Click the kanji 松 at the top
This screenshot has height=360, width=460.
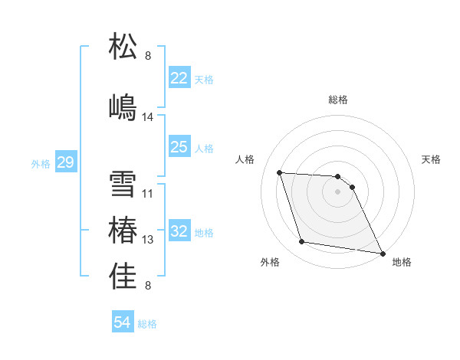[x=123, y=46]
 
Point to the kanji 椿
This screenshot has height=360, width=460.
[x=123, y=231]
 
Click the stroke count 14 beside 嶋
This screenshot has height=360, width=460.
[x=148, y=117]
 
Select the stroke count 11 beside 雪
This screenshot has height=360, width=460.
[x=148, y=194]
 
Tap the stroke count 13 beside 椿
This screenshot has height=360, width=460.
[x=148, y=240]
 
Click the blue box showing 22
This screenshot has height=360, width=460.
[x=179, y=78]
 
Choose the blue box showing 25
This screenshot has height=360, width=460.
[x=179, y=147]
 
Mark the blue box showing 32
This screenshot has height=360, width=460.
[x=179, y=232]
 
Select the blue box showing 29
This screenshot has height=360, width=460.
[x=65, y=162]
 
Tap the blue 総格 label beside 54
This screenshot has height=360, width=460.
[x=147, y=324]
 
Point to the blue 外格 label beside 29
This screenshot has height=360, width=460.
[x=41, y=163]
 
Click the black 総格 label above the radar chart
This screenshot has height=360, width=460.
[x=338, y=100]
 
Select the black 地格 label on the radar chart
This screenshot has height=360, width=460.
[x=402, y=262]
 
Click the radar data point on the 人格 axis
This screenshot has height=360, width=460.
[x=280, y=172]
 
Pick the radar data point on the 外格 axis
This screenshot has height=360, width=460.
[x=302, y=242]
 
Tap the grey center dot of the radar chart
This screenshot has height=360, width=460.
[x=338, y=191]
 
